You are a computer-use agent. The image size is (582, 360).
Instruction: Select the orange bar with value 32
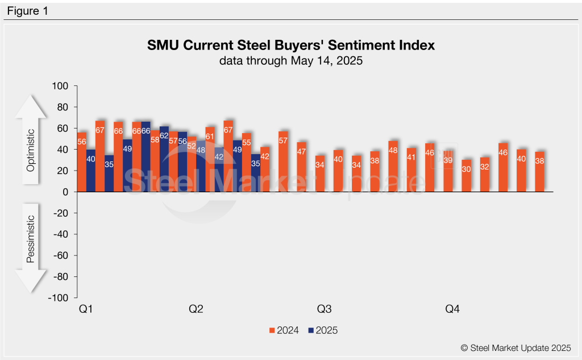tap(484, 175)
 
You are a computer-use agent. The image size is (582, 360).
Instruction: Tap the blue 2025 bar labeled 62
tap(164, 159)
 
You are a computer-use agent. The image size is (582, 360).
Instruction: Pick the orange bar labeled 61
tap(210, 160)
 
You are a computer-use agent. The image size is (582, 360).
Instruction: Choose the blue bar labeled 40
tap(90, 171)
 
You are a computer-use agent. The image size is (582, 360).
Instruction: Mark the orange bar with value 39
tap(448, 171)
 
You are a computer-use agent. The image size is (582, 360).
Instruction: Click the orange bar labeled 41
tap(411, 170)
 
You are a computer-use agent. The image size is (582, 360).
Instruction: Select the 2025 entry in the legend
tap(323, 330)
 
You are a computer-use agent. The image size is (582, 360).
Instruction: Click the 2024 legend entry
tap(284, 330)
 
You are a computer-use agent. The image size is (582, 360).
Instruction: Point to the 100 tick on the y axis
tap(60, 86)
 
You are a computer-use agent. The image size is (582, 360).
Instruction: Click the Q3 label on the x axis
tap(324, 309)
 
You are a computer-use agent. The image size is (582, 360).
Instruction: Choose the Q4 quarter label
tap(452, 309)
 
